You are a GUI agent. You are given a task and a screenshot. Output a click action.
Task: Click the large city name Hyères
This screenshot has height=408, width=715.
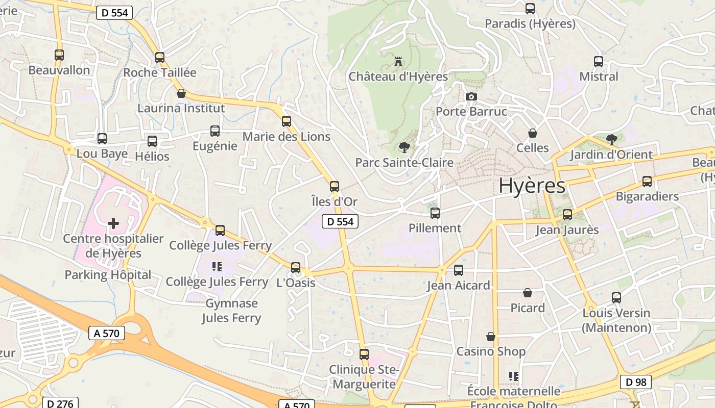click(532, 186)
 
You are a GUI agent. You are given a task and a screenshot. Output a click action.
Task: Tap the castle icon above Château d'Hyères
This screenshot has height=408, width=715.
click(398, 62)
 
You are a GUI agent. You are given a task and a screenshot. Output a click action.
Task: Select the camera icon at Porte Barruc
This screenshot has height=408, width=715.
click(471, 96)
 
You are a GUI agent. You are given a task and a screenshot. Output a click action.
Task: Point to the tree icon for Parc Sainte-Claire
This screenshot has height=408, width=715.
click(404, 148)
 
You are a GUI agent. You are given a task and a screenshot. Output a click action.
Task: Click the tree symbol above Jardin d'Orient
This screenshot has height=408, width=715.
click(611, 140)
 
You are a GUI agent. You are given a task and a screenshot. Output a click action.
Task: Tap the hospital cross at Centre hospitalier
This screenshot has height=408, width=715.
click(113, 223)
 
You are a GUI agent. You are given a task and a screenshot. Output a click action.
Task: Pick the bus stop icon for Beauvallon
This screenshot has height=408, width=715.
click(59, 55)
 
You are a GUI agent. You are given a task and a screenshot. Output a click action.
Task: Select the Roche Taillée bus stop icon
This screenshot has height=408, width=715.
click(160, 58)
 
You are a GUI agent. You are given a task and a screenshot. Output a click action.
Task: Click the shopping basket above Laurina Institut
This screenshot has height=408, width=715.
click(181, 93)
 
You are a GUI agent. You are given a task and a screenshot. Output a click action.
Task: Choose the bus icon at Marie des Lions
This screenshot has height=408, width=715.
click(287, 121)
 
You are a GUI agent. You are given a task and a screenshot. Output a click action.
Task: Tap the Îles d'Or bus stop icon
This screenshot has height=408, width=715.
click(335, 187)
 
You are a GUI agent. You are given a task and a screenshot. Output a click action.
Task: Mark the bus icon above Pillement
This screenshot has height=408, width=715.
click(435, 213)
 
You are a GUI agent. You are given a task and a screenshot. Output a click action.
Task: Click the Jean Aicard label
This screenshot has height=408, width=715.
click(459, 285)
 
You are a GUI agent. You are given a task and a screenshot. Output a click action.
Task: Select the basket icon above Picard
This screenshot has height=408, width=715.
click(528, 293)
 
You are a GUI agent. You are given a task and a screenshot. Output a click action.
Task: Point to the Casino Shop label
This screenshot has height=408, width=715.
click(491, 351)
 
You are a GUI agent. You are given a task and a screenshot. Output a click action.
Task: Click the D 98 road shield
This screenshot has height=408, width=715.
click(636, 381)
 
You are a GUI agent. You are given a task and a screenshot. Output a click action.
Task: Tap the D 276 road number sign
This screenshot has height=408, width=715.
click(60, 403)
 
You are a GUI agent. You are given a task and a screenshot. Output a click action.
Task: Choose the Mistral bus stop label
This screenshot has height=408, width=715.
click(599, 76)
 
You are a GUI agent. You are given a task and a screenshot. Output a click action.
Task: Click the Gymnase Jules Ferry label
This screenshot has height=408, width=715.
click(231, 311)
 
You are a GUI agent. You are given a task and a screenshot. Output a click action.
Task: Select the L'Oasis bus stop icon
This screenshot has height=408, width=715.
click(296, 267)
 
